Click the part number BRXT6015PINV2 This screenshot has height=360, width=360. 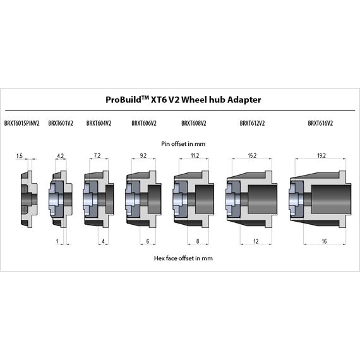pos(22,123)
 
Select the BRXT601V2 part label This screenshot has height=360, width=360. pos(61,123)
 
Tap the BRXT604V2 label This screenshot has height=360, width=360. pos(99,123)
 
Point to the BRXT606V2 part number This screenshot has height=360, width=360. pos(144,123)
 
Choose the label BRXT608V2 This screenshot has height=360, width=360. pos(194,123)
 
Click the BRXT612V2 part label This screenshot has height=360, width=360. pos(253,123)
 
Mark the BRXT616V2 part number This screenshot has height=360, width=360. pos(320,123)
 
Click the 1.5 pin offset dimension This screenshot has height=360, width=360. pos(20,156)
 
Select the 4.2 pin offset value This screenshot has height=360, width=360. pos(60,156)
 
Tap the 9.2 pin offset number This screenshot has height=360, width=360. pos(143,155)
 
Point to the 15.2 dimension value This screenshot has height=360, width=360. pos(252,155)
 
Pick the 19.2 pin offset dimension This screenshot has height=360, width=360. pos(321,155)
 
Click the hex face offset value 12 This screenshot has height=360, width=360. pos(256,241)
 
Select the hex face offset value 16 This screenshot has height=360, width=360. pos(324,241)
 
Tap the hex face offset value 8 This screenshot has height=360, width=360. pos(198,241)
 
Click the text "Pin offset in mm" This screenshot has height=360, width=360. pos(183,144)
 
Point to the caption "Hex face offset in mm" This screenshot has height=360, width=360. pos(183,258)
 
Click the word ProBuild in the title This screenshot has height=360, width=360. pos(123,100)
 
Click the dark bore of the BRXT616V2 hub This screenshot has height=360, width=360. pos(331,200)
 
